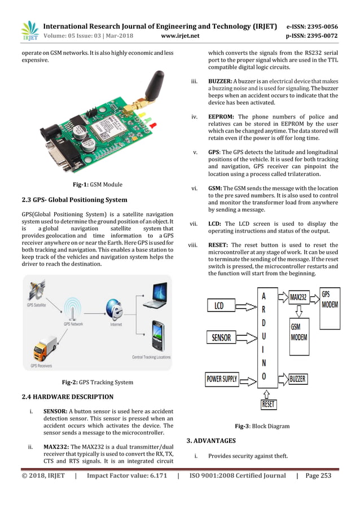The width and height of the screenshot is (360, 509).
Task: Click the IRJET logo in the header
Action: (x=29, y=32)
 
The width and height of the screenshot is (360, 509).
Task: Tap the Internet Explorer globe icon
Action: (x=111, y=310)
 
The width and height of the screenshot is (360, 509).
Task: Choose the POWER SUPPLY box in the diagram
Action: (x=221, y=379)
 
